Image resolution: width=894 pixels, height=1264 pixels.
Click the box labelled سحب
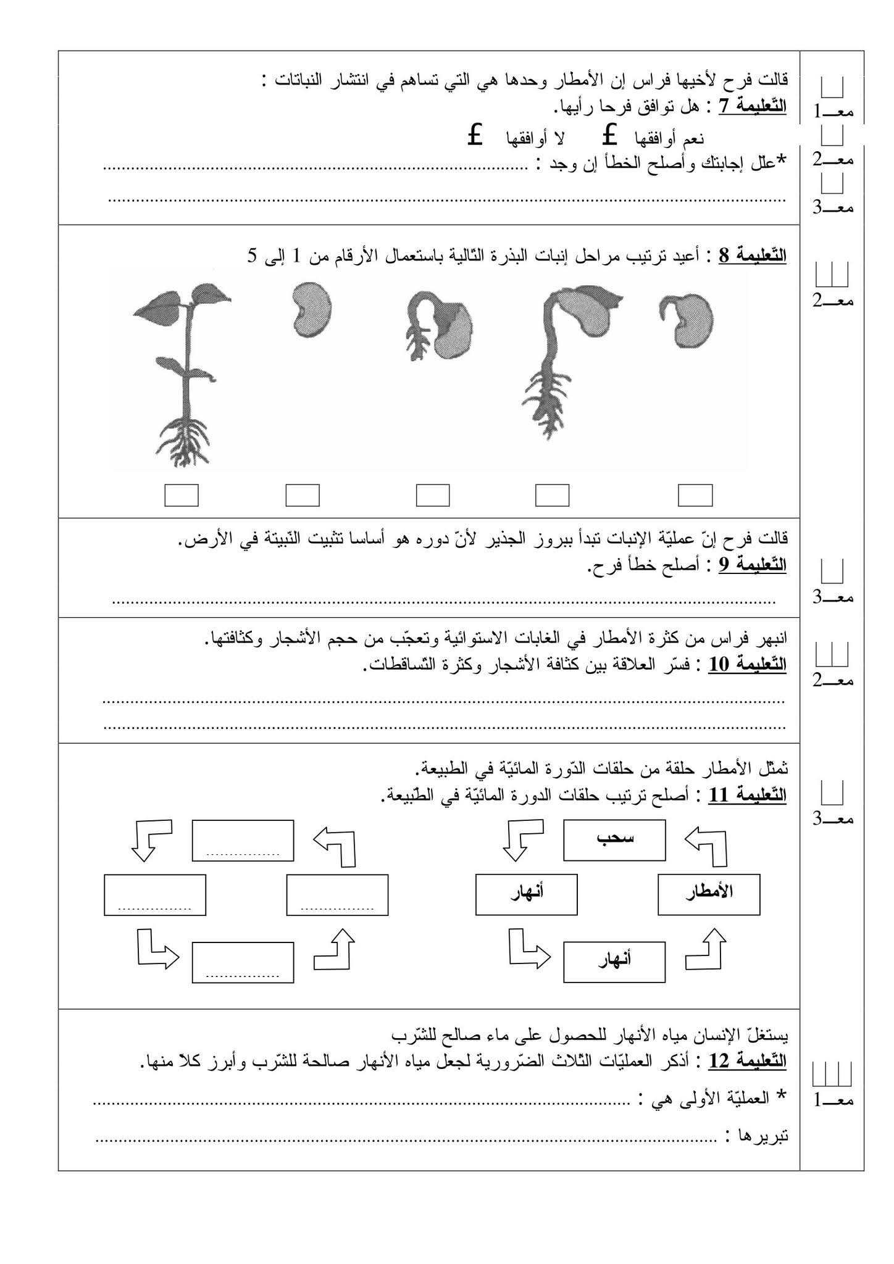click(614, 840)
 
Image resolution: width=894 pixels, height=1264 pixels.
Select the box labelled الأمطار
click(709, 894)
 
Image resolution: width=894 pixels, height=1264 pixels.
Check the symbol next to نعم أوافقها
click(610, 135)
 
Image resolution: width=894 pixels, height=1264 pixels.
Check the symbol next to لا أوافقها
click(474, 135)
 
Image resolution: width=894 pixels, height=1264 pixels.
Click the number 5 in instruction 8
click(252, 256)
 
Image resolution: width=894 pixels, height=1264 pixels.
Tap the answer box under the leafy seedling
click(182, 495)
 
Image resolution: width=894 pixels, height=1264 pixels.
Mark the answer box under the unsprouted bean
click(303, 495)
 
